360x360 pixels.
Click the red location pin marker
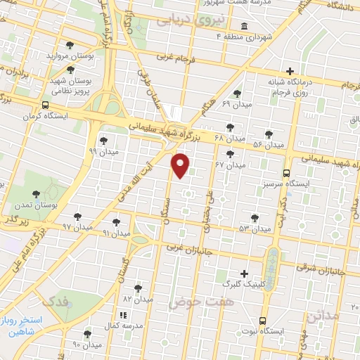point(181,165)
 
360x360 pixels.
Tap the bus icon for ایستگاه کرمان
point(45,105)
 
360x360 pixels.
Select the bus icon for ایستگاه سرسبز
point(285,172)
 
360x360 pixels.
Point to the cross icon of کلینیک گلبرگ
point(244,274)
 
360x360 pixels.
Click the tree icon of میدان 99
point(104,141)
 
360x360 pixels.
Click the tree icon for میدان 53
point(255,218)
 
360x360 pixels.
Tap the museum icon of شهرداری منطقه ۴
point(244,26)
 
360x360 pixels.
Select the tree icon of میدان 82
point(138,288)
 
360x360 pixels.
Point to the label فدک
point(57,301)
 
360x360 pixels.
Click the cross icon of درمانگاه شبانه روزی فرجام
point(290,71)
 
